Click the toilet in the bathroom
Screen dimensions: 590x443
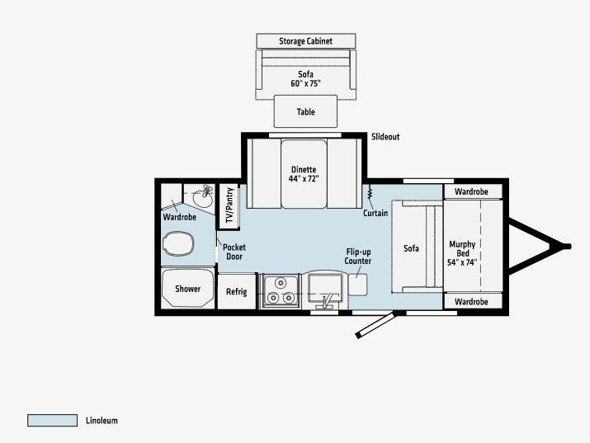(x=178, y=243)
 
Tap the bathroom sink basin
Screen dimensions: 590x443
(x=202, y=198)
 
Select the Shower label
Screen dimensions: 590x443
(x=188, y=289)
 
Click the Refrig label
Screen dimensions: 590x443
(x=237, y=291)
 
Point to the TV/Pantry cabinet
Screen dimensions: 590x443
(x=229, y=205)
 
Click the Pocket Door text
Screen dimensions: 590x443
(x=234, y=252)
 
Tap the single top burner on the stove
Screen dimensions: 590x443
(x=281, y=282)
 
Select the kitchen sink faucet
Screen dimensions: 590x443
(x=326, y=302)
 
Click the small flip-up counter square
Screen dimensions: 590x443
(x=357, y=285)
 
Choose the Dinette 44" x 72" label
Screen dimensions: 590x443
(x=304, y=174)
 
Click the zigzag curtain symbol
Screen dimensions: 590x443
(x=370, y=192)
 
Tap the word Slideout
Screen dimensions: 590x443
(x=385, y=137)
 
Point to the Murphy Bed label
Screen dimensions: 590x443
(x=462, y=253)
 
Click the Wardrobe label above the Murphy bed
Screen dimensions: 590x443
(x=471, y=191)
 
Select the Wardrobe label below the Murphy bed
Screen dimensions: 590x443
(x=471, y=302)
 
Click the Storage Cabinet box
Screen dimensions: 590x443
(x=306, y=41)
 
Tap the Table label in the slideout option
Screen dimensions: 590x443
(x=305, y=111)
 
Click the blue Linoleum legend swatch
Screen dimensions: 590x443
(x=52, y=421)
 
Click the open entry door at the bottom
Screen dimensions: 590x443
(x=375, y=324)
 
